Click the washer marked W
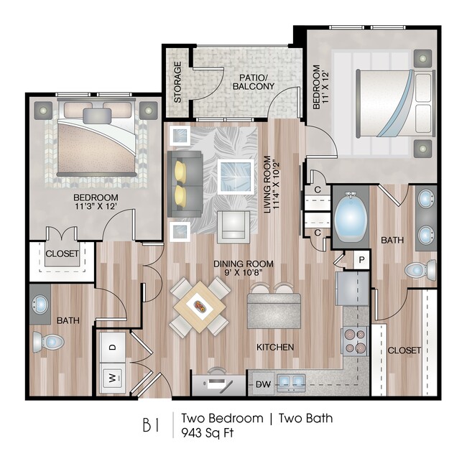coord(113,375)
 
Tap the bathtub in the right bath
coord(351,218)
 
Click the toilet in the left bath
coord(50,342)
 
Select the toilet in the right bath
coord(420,271)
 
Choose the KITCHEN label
coord(275,347)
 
